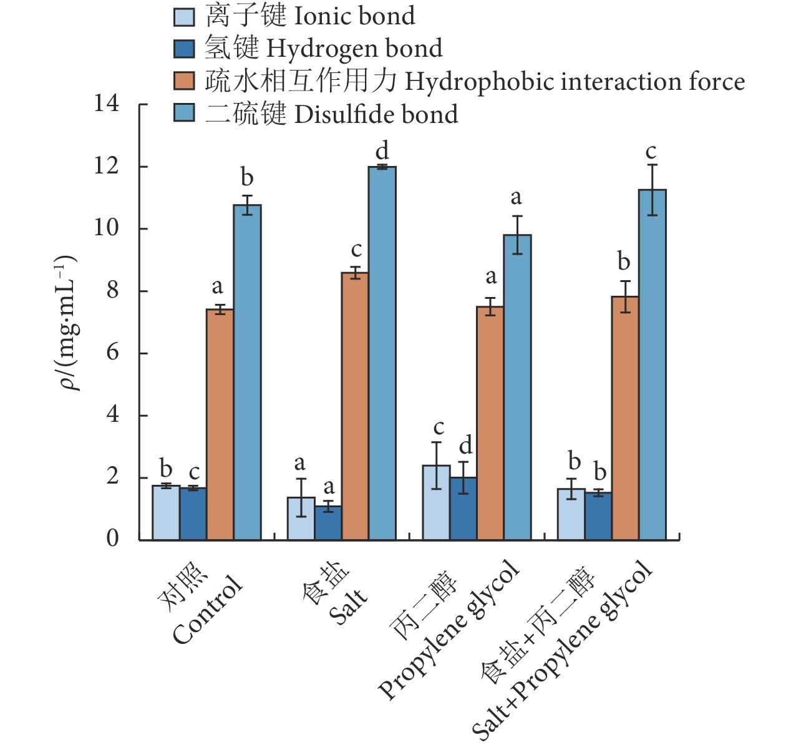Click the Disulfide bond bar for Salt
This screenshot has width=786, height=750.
(x=382, y=353)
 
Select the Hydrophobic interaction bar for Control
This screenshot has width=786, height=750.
(x=220, y=424)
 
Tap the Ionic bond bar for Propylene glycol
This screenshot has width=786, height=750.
(x=436, y=502)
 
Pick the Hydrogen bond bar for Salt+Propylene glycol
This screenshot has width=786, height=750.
(x=598, y=516)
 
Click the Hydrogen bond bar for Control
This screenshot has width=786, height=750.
(x=193, y=514)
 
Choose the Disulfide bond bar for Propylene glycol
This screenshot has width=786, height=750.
(x=517, y=387)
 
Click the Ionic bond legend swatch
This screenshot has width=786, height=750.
(x=184, y=17)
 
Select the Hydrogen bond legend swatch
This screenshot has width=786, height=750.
(x=184, y=49)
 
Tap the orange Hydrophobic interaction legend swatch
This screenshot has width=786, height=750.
(x=184, y=82)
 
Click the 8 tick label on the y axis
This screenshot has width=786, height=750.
(x=112, y=290)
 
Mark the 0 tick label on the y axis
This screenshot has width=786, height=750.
(x=112, y=538)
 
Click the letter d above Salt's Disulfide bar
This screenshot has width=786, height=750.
(x=382, y=150)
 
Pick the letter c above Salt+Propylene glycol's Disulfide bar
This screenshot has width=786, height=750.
(x=651, y=152)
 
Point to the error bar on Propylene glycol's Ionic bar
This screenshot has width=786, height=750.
(x=436, y=465)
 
